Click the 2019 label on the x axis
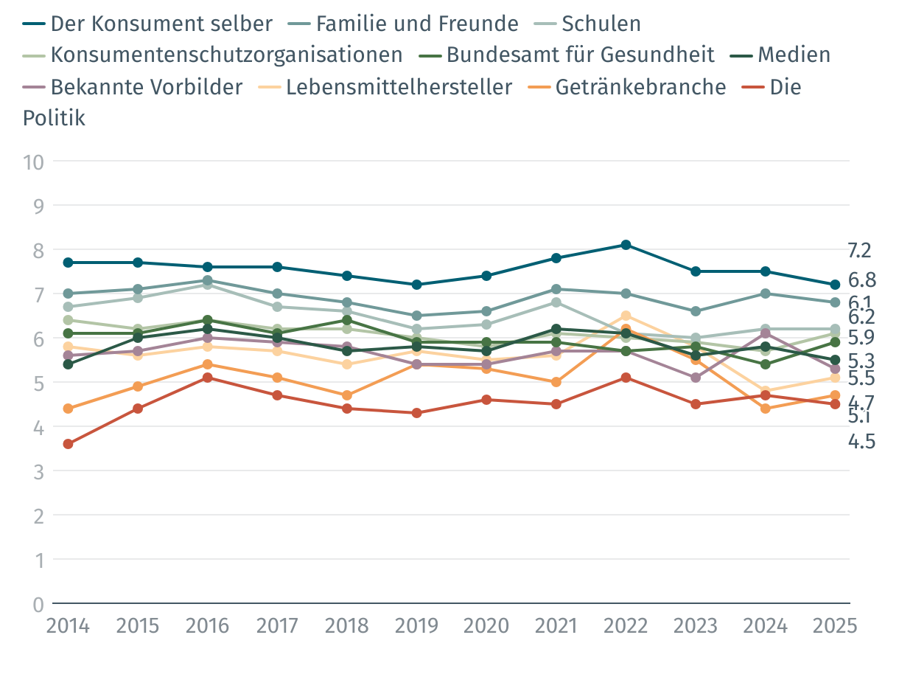(417, 626)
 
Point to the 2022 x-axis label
(626, 626)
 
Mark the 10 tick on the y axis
(33, 162)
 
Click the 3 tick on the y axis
(38, 471)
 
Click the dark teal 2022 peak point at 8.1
(626, 245)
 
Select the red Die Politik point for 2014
(68, 444)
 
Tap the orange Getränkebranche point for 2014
(68, 409)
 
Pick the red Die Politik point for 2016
(208, 378)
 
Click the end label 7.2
(859, 251)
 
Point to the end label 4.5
(861, 442)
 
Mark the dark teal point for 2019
(417, 285)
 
